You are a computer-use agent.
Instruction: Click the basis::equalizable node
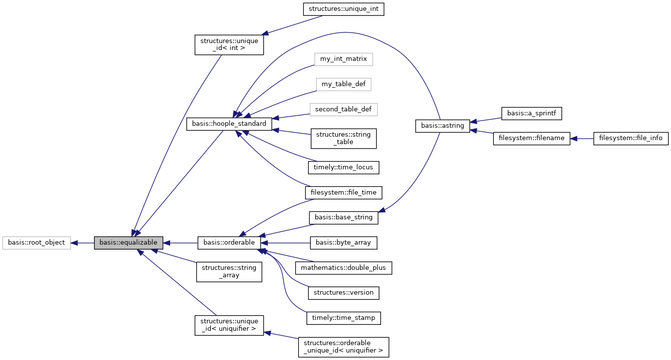128,243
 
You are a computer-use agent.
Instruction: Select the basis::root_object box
36,243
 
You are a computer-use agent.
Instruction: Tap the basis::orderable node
229,243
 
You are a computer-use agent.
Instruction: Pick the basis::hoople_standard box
229,124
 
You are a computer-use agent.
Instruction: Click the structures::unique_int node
343,9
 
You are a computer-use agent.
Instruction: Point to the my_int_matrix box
343,59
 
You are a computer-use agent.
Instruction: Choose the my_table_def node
343,84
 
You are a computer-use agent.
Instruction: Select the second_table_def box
343,109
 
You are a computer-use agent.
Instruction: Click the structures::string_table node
343,138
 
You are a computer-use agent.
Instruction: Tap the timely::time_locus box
343,167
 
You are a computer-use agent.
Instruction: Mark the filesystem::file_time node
343,192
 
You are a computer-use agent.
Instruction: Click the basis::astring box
442,126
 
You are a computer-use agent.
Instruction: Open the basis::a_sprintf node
531,113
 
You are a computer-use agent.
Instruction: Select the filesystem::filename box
531,138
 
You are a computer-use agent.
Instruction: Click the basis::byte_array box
343,243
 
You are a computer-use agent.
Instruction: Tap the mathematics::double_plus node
343,268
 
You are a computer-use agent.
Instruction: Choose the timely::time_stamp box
343,317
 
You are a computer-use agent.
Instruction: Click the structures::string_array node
229,272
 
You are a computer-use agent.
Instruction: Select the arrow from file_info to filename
582,138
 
